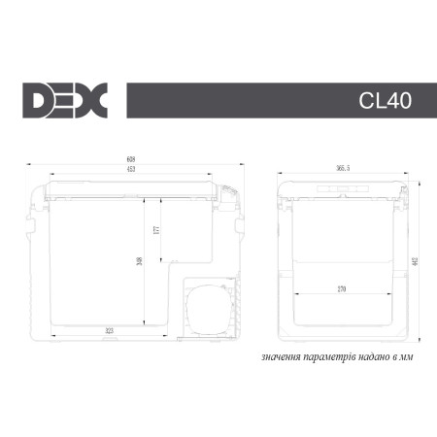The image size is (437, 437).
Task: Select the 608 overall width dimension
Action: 130,160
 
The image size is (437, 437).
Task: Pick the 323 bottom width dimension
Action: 109,331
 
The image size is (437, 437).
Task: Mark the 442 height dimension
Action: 417,263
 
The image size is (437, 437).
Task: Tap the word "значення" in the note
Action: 281,356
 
